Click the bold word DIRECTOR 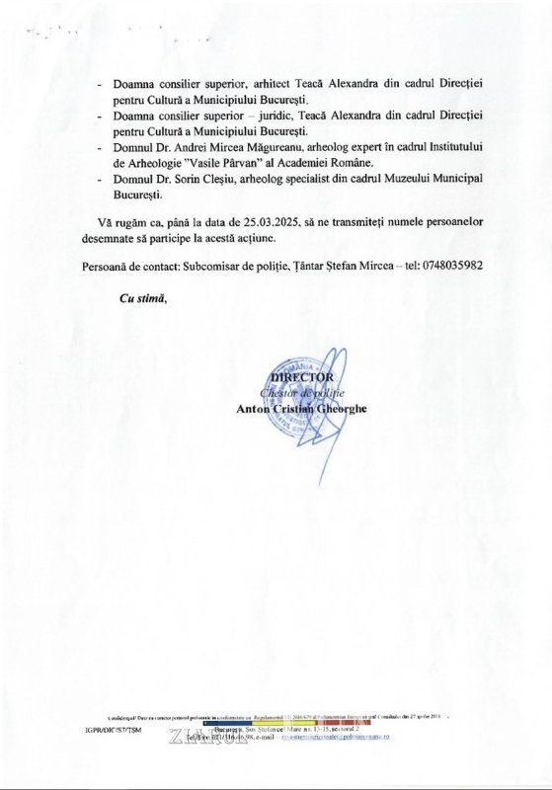tap(302, 376)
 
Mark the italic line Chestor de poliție tap(302, 392)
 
